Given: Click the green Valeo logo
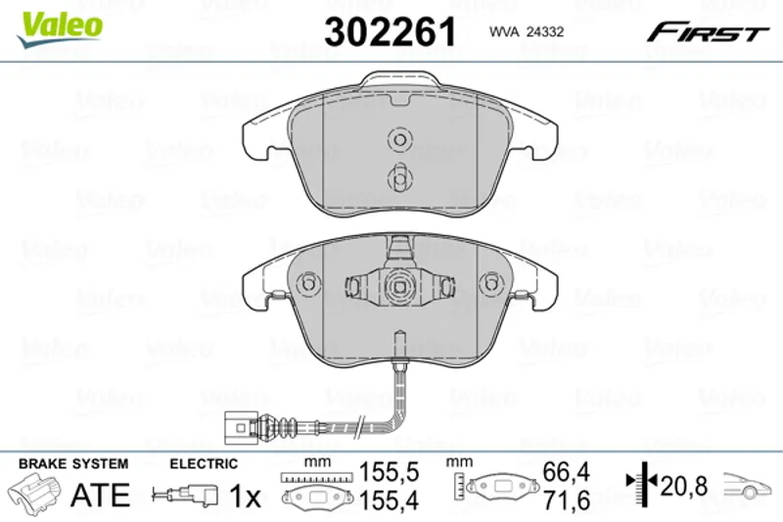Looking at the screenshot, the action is (x=60, y=29).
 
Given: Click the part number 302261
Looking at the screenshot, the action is (x=390, y=31).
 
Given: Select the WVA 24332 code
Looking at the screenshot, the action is (x=527, y=32).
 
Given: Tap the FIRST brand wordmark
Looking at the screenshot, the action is (x=708, y=32).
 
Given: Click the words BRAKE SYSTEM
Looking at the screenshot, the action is (x=73, y=463).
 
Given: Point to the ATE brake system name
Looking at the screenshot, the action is (x=101, y=495).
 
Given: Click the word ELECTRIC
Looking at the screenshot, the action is (x=204, y=463).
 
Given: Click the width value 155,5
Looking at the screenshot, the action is (x=389, y=471).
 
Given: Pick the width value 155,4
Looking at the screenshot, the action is (x=389, y=500).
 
